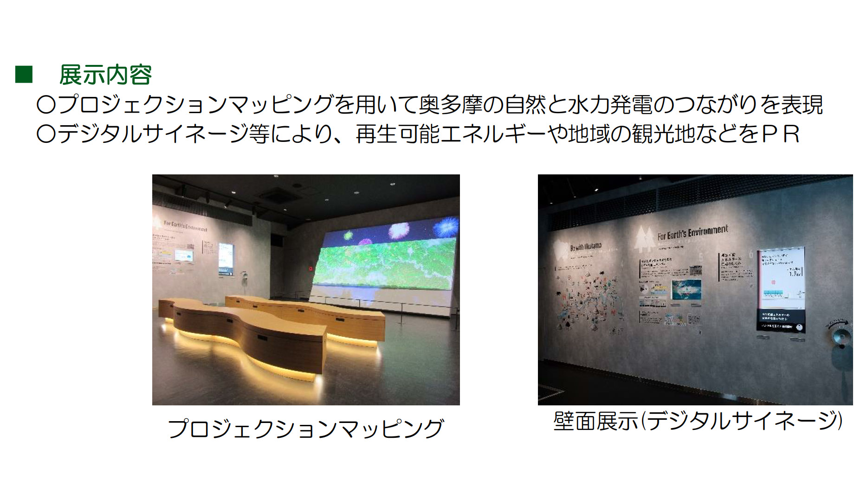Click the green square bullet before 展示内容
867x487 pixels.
(x=24, y=75)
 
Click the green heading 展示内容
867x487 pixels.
(x=105, y=75)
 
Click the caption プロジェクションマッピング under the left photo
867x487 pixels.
(x=305, y=428)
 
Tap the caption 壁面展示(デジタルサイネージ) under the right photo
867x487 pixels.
(x=698, y=421)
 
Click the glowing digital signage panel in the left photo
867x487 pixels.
(x=226, y=260)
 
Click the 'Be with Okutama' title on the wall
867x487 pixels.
(x=586, y=247)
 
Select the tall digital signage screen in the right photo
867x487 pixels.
(x=782, y=291)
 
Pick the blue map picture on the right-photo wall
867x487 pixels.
(x=686, y=289)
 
